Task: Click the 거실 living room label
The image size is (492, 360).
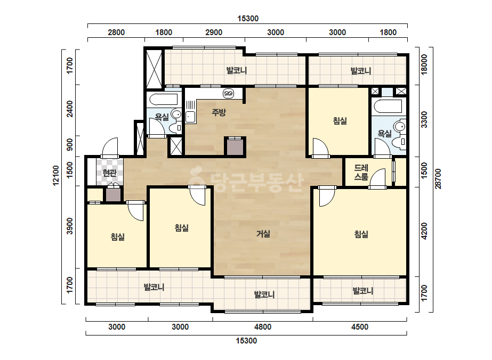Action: [x=263, y=234]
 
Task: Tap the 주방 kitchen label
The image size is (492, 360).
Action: [x=219, y=112]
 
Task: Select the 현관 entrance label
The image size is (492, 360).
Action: [x=109, y=173]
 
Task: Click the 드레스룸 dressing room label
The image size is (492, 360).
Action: [x=361, y=172]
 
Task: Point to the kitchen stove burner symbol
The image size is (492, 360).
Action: [x=229, y=93]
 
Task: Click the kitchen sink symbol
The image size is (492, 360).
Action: [x=190, y=117]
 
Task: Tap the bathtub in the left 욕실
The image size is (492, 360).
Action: [x=164, y=100]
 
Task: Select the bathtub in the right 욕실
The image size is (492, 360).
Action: [x=388, y=106]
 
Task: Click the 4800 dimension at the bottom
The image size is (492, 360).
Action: [x=263, y=327]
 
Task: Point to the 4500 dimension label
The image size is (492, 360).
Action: [x=360, y=327]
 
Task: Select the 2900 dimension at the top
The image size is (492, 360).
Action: [x=214, y=32]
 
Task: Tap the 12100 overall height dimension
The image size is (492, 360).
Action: [x=56, y=176]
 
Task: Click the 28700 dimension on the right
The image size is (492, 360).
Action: [x=438, y=179]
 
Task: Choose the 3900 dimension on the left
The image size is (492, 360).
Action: [x=70, y=226]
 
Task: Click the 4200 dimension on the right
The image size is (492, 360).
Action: [x=424, y=231]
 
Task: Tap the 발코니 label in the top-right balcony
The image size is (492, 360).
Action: [x=361, y=70]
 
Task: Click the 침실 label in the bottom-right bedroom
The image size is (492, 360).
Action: [x=361, y=234]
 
